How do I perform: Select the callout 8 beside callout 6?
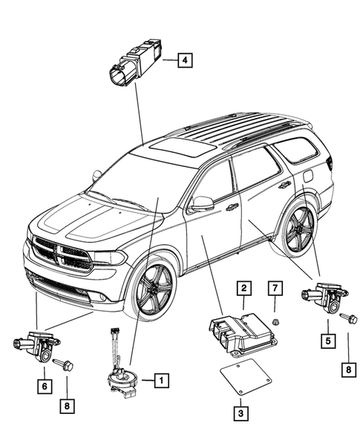coord(67,406)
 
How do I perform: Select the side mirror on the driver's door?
coord(202,203)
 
